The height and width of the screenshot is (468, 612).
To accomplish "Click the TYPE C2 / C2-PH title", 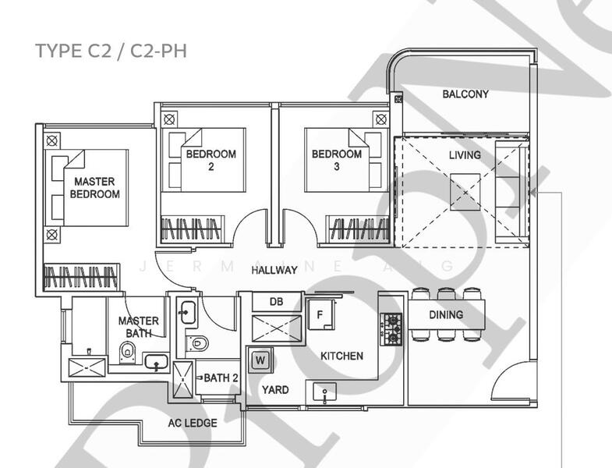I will coord(111,51).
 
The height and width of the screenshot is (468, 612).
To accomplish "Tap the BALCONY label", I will coord(465,94).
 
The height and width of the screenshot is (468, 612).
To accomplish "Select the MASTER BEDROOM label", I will coord(94,188).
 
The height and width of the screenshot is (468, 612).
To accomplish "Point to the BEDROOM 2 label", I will coord(210,160).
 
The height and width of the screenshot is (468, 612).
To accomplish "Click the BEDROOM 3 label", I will coord(336,160).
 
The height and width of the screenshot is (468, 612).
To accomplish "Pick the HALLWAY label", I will coord(274,271).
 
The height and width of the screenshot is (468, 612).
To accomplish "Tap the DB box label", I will coord(276,302).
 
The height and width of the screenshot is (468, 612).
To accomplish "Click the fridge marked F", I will coord(319,314).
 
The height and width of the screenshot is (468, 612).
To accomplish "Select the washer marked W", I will coord(260,360).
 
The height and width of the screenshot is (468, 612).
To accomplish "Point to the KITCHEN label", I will coord(341,356).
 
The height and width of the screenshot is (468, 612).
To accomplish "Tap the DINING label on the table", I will coord(446,315).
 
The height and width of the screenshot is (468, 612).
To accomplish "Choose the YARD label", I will coord(275,390).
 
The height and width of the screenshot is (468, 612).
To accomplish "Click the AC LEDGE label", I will coord(193,424).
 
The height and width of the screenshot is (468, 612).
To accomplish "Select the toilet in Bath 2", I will coord(199,341).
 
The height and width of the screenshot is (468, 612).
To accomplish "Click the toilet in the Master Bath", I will coord(126,356).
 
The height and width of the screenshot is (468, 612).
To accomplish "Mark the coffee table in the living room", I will coord(465,190).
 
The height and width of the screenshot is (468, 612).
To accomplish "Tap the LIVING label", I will coord(465,156).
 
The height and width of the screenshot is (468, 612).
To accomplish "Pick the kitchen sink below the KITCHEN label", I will coord(320,392).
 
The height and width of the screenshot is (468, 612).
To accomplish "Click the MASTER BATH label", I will coord(138,327).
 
